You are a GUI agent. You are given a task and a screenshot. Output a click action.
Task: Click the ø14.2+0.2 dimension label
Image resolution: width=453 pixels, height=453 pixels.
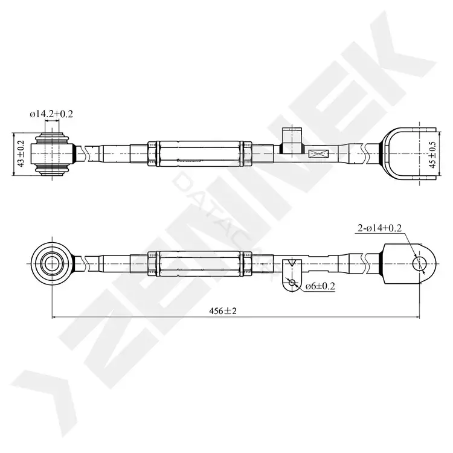[51, 114]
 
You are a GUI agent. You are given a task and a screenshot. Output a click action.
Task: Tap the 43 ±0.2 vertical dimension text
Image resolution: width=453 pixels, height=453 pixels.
[21, 153]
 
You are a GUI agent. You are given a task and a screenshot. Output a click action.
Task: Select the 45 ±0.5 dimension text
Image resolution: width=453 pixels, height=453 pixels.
[432, 154]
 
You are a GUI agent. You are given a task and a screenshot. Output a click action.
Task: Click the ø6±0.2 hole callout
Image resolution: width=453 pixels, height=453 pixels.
[320, 286]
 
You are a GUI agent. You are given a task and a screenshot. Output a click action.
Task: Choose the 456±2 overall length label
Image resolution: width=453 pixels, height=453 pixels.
[223, 311]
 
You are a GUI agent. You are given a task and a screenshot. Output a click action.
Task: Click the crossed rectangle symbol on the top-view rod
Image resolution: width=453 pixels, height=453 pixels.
[318, 153]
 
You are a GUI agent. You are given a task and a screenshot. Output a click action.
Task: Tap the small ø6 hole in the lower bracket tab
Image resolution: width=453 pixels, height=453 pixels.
[292, 282]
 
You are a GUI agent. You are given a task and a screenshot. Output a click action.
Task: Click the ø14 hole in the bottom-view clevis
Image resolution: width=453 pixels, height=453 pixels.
[419, 263]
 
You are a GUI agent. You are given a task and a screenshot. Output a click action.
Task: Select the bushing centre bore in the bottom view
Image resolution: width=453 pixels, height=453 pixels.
[52, 263]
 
